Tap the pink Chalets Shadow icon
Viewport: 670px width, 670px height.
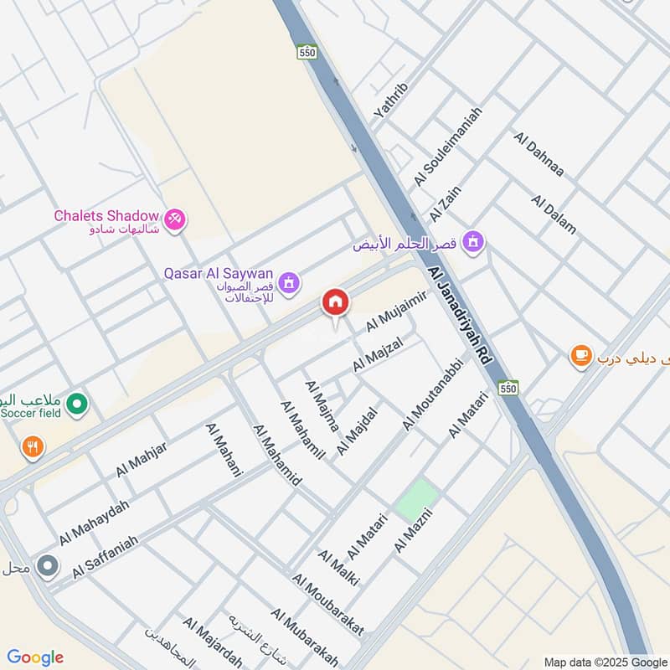(176, 219)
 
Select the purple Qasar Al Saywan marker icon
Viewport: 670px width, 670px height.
(290, 282)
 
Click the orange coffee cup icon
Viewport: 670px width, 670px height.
(580, 356)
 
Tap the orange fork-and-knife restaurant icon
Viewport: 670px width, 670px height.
(33, 446)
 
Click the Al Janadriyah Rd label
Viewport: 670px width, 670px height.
(459, 315)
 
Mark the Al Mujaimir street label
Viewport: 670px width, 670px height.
(397, 309)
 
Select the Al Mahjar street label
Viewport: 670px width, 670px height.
(142, 459)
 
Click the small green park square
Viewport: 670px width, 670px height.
(416, 499)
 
